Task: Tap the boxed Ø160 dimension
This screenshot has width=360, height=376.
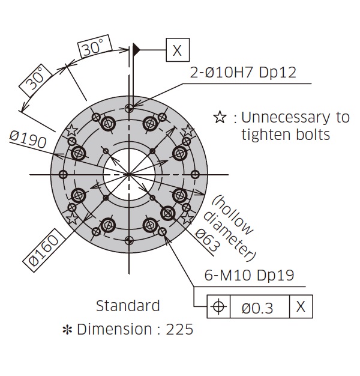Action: click(x=44, y=250)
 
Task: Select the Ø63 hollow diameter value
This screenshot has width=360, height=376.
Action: click(x=208, y=240)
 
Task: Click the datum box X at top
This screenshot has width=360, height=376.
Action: click(x=178, y=50)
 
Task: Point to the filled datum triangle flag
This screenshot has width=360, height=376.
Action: click(x=136, y=50)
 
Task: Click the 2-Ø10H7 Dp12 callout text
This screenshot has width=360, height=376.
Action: click(x=243, y=72)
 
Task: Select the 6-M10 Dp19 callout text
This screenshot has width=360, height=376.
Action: click(x=249, y=275)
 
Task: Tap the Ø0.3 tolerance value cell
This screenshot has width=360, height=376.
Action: click(x=257, y=308)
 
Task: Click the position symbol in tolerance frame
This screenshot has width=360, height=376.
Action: click(x=218, y=306)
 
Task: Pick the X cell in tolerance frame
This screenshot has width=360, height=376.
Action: click(x=301, y=306)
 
